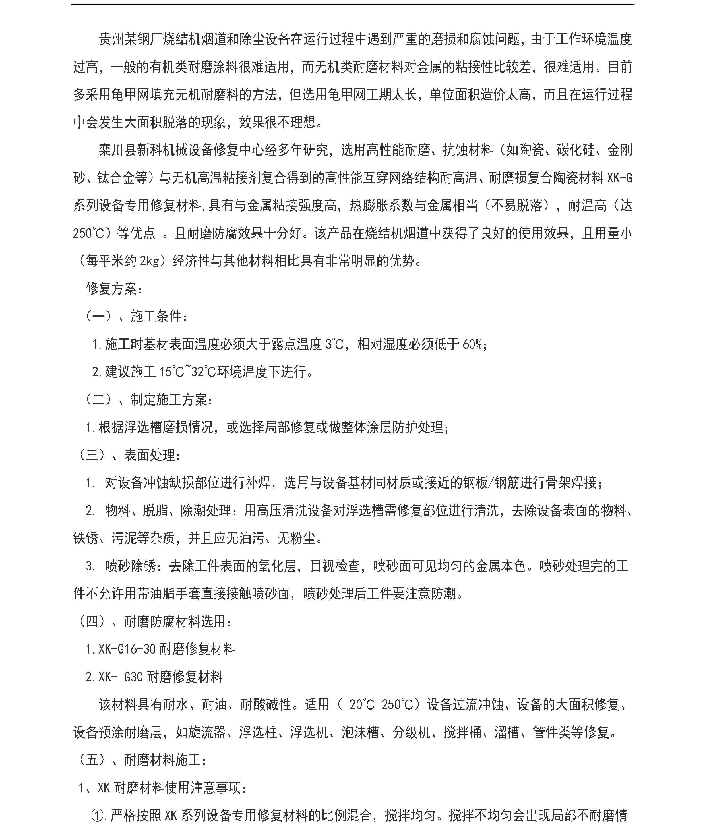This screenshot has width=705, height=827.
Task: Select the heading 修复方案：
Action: (x=114, y=289)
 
